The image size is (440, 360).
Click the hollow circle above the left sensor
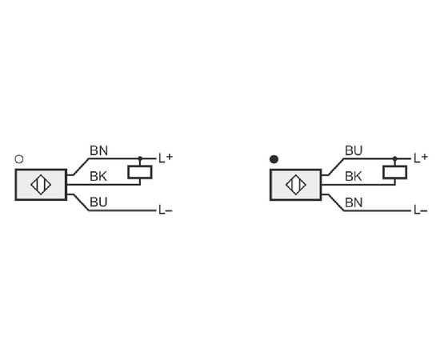coord(19,159)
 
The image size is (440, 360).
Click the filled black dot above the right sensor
coord(274,159)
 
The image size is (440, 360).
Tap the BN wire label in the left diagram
coord(98,150)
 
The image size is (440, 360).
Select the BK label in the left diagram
coord(98,177)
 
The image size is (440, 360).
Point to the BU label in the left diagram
coord(98,202)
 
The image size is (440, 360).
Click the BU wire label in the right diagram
coord(354,150)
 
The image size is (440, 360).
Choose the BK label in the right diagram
coord(354,177)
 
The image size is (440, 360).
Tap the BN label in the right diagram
coord(354,202)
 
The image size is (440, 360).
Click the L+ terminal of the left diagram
coord(166,158)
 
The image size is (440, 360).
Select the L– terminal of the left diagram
coord(166,210)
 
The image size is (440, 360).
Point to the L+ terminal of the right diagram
coord(421,158)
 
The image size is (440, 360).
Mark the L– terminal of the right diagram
coord(421,210)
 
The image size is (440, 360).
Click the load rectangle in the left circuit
coord(140,172)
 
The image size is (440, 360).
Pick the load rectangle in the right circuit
coord(395,172)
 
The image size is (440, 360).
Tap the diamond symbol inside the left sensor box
coord(41,185)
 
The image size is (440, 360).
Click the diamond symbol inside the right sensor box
coord(296,185)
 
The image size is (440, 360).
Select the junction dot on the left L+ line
coord(140,158)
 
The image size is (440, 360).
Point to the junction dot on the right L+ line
coord(395,158)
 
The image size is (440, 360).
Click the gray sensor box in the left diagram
coord(41,185)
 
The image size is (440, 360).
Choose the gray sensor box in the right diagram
coord(296,185)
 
